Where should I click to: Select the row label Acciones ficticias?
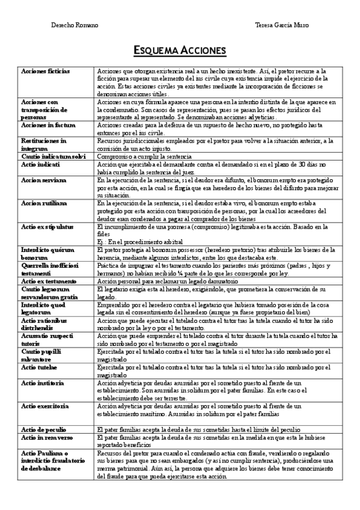click(45, 71)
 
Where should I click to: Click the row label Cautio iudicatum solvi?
click(53, 156)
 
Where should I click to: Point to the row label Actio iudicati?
click(40, 164)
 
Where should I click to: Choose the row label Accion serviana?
click(44, 180)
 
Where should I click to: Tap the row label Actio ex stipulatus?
click(47, 227)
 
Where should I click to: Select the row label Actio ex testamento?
click(49, 281)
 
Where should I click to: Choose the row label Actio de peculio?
click(44, 430)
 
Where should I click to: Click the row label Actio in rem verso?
click(47, 438)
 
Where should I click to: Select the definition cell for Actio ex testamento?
click(156, 281)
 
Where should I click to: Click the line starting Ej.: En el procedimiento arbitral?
click(141, 242)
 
